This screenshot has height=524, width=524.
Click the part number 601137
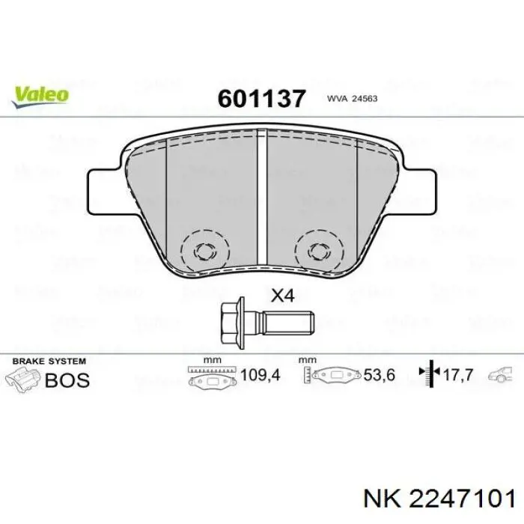[x=261, y=98]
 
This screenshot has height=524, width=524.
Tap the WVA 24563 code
[x=350, y=99]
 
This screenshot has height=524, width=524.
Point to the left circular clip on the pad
[x=203, y=249]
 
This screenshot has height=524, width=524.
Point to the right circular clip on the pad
[x=317, y=249]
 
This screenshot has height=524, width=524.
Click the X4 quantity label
[x=281, y=296]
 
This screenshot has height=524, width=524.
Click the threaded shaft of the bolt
[x=288, y=323]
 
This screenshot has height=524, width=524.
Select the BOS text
[x=67, y=380]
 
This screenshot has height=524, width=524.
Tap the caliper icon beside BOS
[x=24, y=378]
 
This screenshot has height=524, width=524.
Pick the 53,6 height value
[x=379, y=374]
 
